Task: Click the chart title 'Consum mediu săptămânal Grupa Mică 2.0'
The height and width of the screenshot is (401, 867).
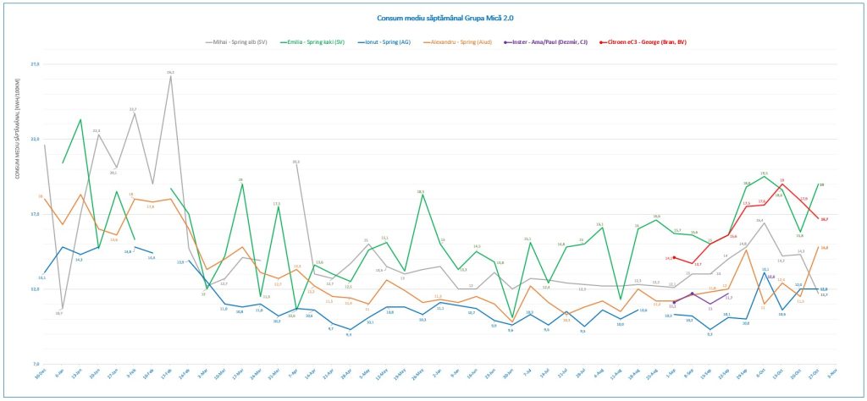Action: pyautogui.click(x=432, y=17)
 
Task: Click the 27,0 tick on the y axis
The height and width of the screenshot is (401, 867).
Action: pyautogui.click(x=35, y=64)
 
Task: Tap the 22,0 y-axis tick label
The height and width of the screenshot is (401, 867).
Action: pyautogui.click(x=35, y=140)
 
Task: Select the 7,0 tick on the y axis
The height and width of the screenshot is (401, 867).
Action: pyautogui.click(x=35, y=364)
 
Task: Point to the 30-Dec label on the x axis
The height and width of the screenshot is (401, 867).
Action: pyautogui.click(x=40, y=375)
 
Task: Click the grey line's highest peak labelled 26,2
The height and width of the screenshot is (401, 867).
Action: pyautogui.click(x=171, y=77)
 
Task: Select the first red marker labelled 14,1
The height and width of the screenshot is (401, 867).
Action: pyautogui.click(x=674, y=257)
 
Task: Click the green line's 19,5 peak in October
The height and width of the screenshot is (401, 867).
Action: pyautogui.click(x=765, y=177)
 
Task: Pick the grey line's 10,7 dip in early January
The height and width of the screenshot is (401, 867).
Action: pyautogui.click(x=59, y=308)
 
